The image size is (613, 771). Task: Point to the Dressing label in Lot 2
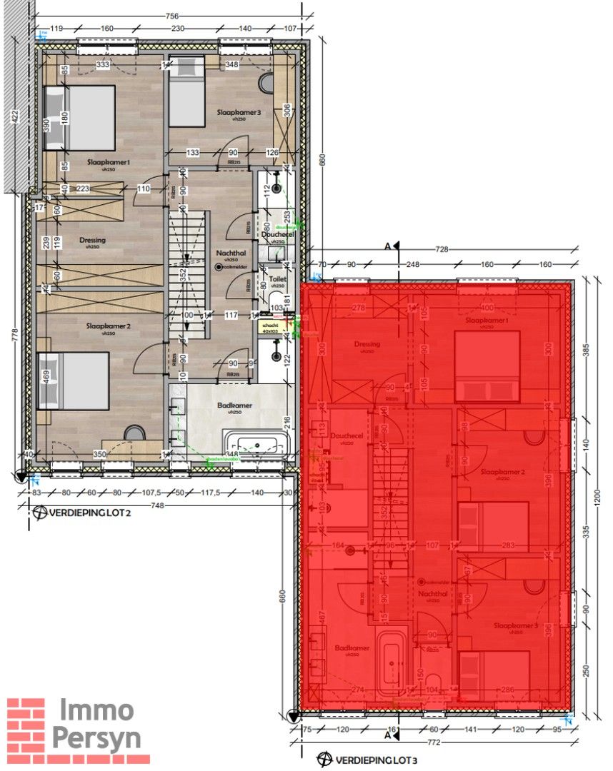click(92, 241)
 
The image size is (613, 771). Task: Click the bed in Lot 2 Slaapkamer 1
click(79, 118)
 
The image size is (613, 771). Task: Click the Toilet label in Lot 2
click(277, 281)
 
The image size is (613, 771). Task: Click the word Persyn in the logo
click(96, 739)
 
